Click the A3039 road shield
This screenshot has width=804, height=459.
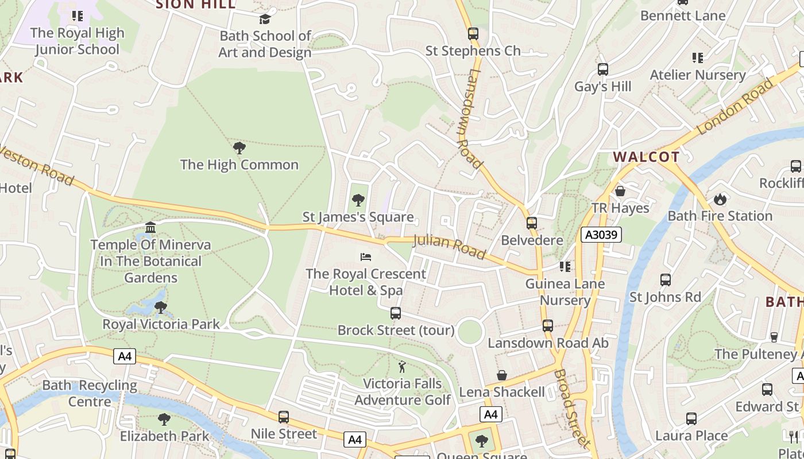coord(601,235)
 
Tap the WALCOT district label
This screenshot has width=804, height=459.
coord(646,157)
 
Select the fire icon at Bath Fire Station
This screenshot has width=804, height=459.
coord(720,200)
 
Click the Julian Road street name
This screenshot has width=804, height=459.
coord(449,247)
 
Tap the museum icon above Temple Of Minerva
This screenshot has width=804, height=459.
coord(150,228)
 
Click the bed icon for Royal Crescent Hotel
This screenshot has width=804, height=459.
coord(366,257)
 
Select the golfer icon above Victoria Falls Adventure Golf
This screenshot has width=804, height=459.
coord(402,367)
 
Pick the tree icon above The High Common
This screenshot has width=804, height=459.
coord(239,148)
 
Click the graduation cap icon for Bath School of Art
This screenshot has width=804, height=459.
coord(265,19)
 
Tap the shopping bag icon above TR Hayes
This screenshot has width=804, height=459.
coord(620,191)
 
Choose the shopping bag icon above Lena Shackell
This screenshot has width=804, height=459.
coord(502,375)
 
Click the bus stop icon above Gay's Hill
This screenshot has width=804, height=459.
coord(602,69)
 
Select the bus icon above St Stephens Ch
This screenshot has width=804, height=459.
coord(473,34)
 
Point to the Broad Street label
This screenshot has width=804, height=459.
coord(572,409)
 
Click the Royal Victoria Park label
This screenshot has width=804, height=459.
coord(161,324)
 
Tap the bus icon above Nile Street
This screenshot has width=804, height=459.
coord(283,417)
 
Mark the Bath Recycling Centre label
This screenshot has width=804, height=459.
coord(90,393)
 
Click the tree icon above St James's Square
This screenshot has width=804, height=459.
coord(358,200)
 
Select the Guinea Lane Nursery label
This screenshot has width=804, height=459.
coord(565,291)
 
